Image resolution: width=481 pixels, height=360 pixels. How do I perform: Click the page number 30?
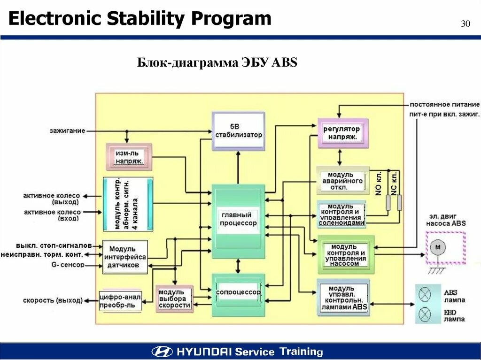tap(465, 24)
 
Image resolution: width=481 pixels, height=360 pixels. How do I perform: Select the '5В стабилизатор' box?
tap(238, 131)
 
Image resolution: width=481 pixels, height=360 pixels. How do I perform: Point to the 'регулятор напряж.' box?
tap(342, 133)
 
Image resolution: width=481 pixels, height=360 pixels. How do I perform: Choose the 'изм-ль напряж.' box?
tap(129, 157)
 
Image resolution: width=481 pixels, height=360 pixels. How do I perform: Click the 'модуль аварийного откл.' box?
tap(342, 180)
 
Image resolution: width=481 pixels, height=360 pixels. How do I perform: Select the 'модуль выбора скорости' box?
tap(174, 299)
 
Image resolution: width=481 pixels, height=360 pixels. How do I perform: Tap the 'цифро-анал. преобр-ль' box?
tap(120, 300)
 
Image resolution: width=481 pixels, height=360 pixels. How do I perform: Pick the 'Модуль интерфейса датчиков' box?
tap(124, 257)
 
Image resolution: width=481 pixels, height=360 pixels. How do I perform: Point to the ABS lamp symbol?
tap(425, 295)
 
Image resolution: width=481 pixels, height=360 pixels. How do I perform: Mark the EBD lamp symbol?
tap(425, 313)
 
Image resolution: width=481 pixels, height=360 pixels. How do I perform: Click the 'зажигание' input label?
tap(67, 130)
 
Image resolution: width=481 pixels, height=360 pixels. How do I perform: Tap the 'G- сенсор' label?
tap(69, 265)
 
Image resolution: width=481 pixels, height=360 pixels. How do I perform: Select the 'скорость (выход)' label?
tap(53, 300)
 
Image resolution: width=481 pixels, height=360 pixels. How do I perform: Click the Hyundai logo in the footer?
tap(162, 352)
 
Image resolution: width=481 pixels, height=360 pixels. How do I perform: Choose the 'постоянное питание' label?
tap(444, 104)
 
